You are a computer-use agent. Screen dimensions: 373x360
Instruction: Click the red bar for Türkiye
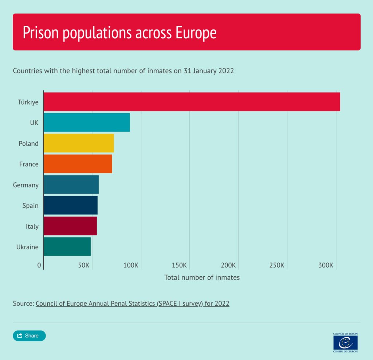(192, 102)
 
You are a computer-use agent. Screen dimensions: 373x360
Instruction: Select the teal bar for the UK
(87, 122)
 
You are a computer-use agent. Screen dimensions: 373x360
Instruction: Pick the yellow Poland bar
(79, 143)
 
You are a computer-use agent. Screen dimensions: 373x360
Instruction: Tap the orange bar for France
(78, 164)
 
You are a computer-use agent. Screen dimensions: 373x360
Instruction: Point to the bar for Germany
(71, 185)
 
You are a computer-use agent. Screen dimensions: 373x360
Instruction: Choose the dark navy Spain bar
(71, 205)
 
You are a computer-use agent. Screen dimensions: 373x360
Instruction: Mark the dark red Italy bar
(70, 226)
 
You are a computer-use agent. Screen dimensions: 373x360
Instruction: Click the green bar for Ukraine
(67, 246)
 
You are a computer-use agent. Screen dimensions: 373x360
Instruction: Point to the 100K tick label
(131, 265)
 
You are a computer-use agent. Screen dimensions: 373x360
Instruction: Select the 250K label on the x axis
(277, 265)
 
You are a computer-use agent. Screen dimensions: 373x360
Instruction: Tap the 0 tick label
(39, 265)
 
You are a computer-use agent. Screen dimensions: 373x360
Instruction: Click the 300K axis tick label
(326, 265)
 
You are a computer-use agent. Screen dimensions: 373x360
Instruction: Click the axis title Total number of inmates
(202, 277)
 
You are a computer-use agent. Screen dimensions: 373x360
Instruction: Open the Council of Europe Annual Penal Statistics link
(133, 304)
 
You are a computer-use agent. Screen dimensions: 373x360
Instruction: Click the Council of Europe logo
(345, 343)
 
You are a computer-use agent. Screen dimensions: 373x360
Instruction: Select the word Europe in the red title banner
(196, 32)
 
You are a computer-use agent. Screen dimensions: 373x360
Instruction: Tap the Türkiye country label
(28, 102)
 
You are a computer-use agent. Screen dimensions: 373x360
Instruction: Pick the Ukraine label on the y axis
(27, 247)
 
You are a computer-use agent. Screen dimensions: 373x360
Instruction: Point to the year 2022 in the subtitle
(226, 71)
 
